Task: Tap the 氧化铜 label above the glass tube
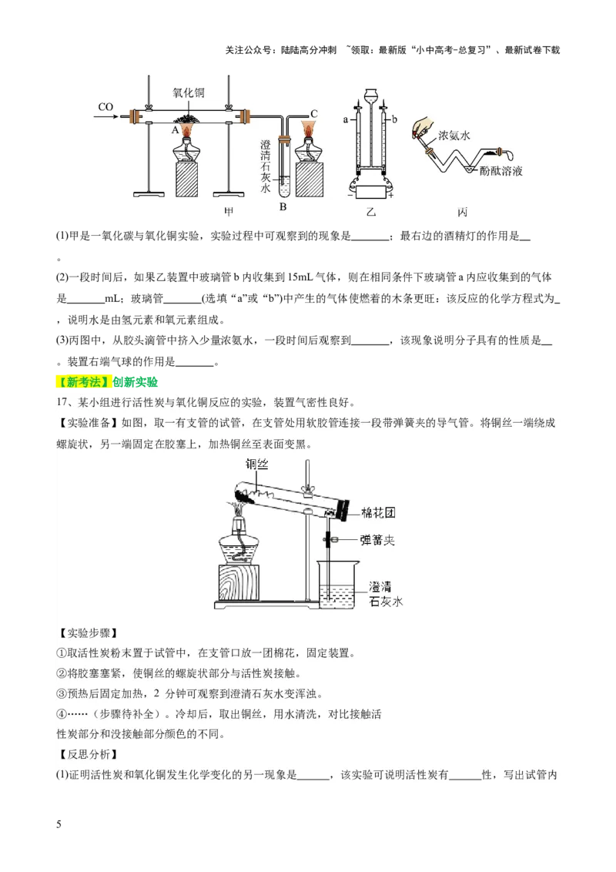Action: coord(189,92)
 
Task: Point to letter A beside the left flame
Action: coord(175,131)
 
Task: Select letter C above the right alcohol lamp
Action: coord(314,112)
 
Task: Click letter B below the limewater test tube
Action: coord(283,207)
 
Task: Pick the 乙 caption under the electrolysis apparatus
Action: coord(372,211)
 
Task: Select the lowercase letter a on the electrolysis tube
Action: coord(346,120)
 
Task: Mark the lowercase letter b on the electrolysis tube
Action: coord(396,120)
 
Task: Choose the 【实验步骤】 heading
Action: coord(86,633)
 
